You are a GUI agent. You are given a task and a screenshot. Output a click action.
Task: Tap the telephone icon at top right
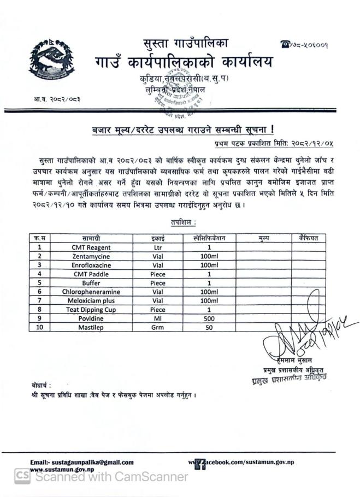coord(284,44)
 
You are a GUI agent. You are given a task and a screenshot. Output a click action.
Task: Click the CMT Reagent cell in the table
coord(91,247)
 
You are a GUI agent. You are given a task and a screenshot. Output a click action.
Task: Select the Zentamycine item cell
coord(91,256)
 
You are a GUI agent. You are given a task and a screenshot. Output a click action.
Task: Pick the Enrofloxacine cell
coord(91,265)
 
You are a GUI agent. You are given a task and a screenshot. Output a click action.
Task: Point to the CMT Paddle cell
coord(91,274)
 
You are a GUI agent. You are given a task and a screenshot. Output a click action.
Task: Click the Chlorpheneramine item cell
coord(91,292)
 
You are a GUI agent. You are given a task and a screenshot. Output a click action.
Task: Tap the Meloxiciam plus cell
coord(91,300)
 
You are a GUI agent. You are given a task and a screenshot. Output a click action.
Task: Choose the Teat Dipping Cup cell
coord(91,309)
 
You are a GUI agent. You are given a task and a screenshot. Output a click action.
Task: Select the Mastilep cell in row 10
coord(91,327)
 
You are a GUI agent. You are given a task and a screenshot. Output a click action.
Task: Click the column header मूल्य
coord(263,238)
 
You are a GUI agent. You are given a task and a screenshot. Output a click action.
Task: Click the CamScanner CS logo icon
coord(22,476)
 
